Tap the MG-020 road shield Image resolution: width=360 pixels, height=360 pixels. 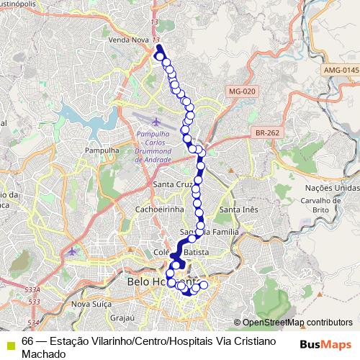point(237,91)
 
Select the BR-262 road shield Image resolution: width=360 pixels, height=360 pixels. point(266,133)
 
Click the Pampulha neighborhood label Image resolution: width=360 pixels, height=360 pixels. point(101,150)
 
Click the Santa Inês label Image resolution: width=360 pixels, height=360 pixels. point(238,209)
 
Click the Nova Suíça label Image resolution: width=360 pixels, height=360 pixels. point(90,305)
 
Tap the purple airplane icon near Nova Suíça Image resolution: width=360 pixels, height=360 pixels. point(71,252)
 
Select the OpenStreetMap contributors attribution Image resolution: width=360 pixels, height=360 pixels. point(297,323)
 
